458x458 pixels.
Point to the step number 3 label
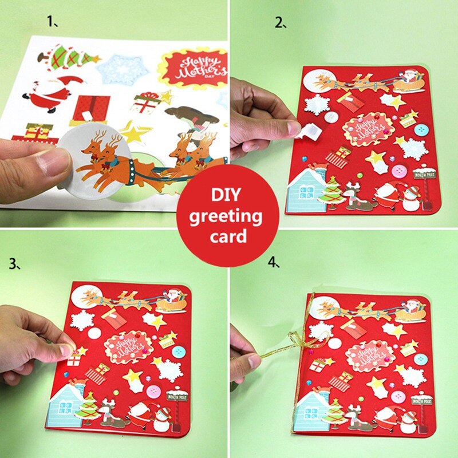tap(15, 264)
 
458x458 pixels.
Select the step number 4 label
tap(274, 263)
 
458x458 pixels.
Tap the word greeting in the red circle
tap(227, 216)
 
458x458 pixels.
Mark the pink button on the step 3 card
tap(153, 392)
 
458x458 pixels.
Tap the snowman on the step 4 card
tap(408, 422)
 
